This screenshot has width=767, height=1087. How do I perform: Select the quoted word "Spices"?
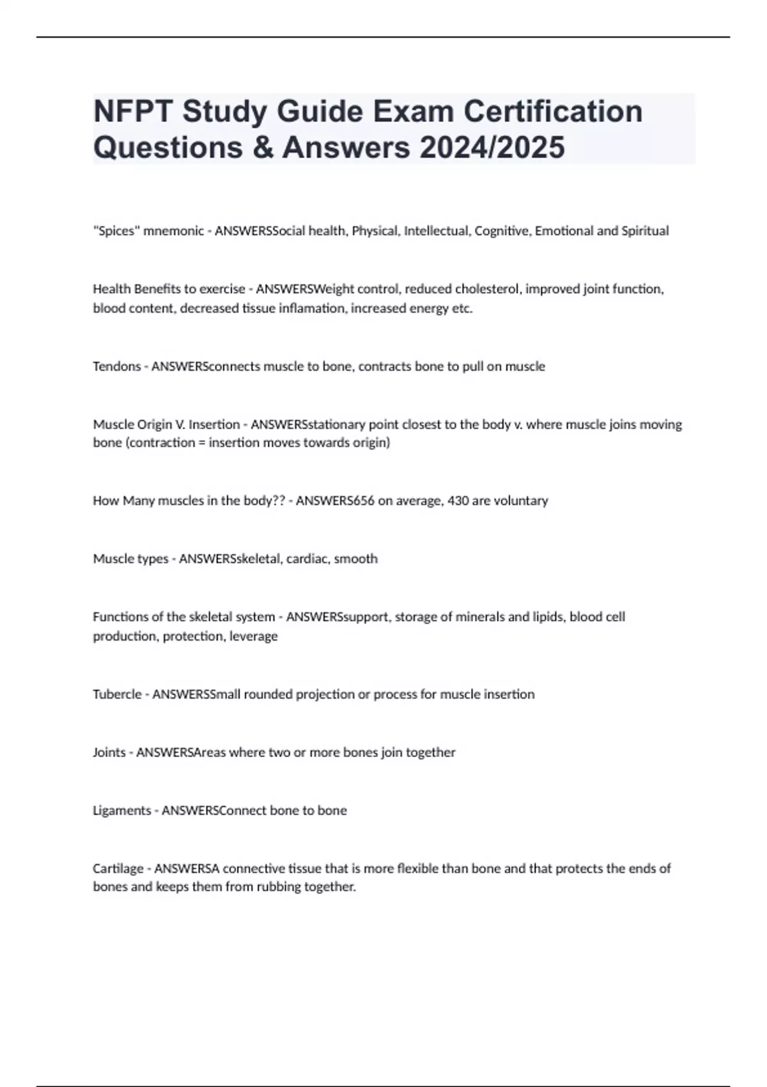116,231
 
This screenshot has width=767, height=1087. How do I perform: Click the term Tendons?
116,366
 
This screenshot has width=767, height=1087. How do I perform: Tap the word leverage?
254,636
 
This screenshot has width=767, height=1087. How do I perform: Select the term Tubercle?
117,694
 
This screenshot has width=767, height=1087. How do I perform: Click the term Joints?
109,753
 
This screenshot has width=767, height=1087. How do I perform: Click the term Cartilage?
118,869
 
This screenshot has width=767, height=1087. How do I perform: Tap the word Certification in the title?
553,111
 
